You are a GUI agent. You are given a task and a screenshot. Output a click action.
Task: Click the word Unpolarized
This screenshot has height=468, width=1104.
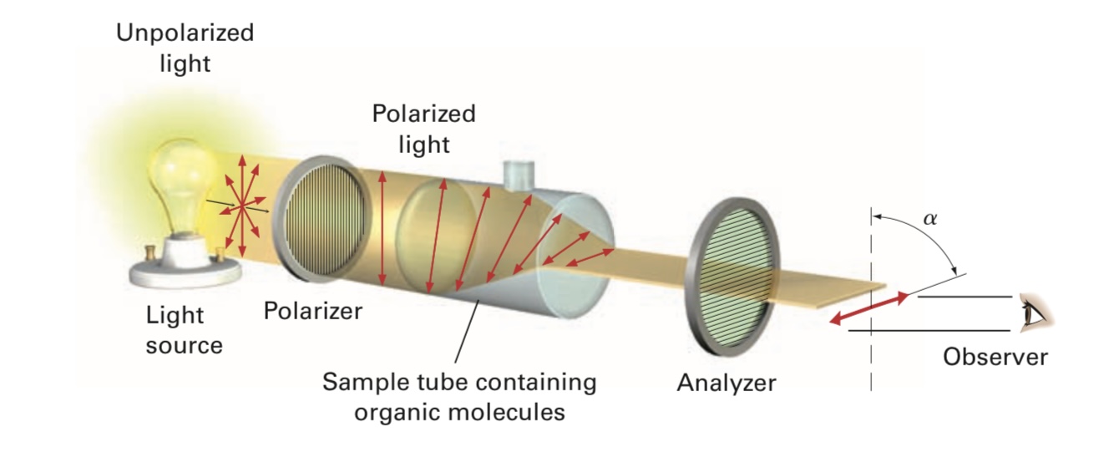tap(185, 34)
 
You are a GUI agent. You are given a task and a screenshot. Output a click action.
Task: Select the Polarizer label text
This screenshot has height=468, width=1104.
tap(313, 311)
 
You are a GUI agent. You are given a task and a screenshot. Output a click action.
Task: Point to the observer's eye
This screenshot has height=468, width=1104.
tap(1032, 313)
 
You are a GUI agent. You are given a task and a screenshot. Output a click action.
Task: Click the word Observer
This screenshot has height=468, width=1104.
tap(995, 357)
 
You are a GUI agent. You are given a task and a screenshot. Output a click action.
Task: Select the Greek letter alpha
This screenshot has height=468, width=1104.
tap(930, 219)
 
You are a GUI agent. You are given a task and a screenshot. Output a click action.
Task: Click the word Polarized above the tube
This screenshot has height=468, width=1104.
tap(423, 114)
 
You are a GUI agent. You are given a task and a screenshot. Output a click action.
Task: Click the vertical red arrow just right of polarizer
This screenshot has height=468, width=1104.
tap(382, 227)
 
